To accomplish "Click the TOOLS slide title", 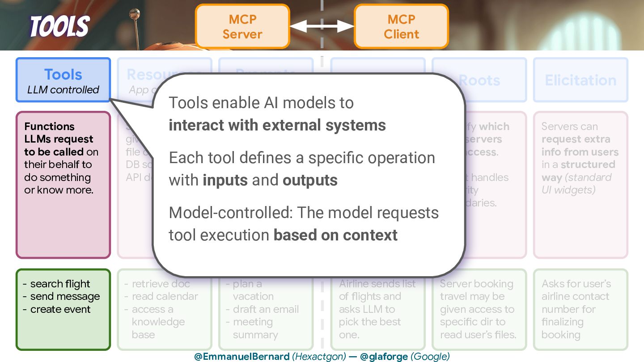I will pyautogui.click(x=59, y=26).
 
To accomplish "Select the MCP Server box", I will pyautogui.click(x=242, y=26).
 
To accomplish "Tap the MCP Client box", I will pyautogui.click(x=401, y=26).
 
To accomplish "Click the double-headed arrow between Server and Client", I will pyautogui.click(x=322, y=27).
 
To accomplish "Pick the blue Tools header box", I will pyautogui.click(x=63, y=80).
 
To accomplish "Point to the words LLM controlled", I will pyautogui.click(x=63, y=90).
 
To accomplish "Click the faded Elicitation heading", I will pyautogui.click(x=580, y=80).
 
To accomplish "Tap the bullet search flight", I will pyautogui.click(x=60, y=284).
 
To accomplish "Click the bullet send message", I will pyautogui.click(x=65, y=296).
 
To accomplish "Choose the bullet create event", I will pyautogui.click(x=60, y=309).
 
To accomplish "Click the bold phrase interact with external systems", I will pyautogui.click(x=277, y=125).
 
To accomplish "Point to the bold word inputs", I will pyautogui.click(x=225, y=180).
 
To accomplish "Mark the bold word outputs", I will pyautogui.click(x=310, y=180).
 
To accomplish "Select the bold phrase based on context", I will pyautogui.click(x=335, y=235).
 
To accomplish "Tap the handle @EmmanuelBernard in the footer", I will pyautogui.click(x=241, y=357).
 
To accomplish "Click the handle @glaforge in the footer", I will pyautogui.click(x=384, y=357).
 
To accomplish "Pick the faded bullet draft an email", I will pyautogui.click(x=266, y=309).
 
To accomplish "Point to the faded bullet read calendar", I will pyautogui.click(x=165, y=296).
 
